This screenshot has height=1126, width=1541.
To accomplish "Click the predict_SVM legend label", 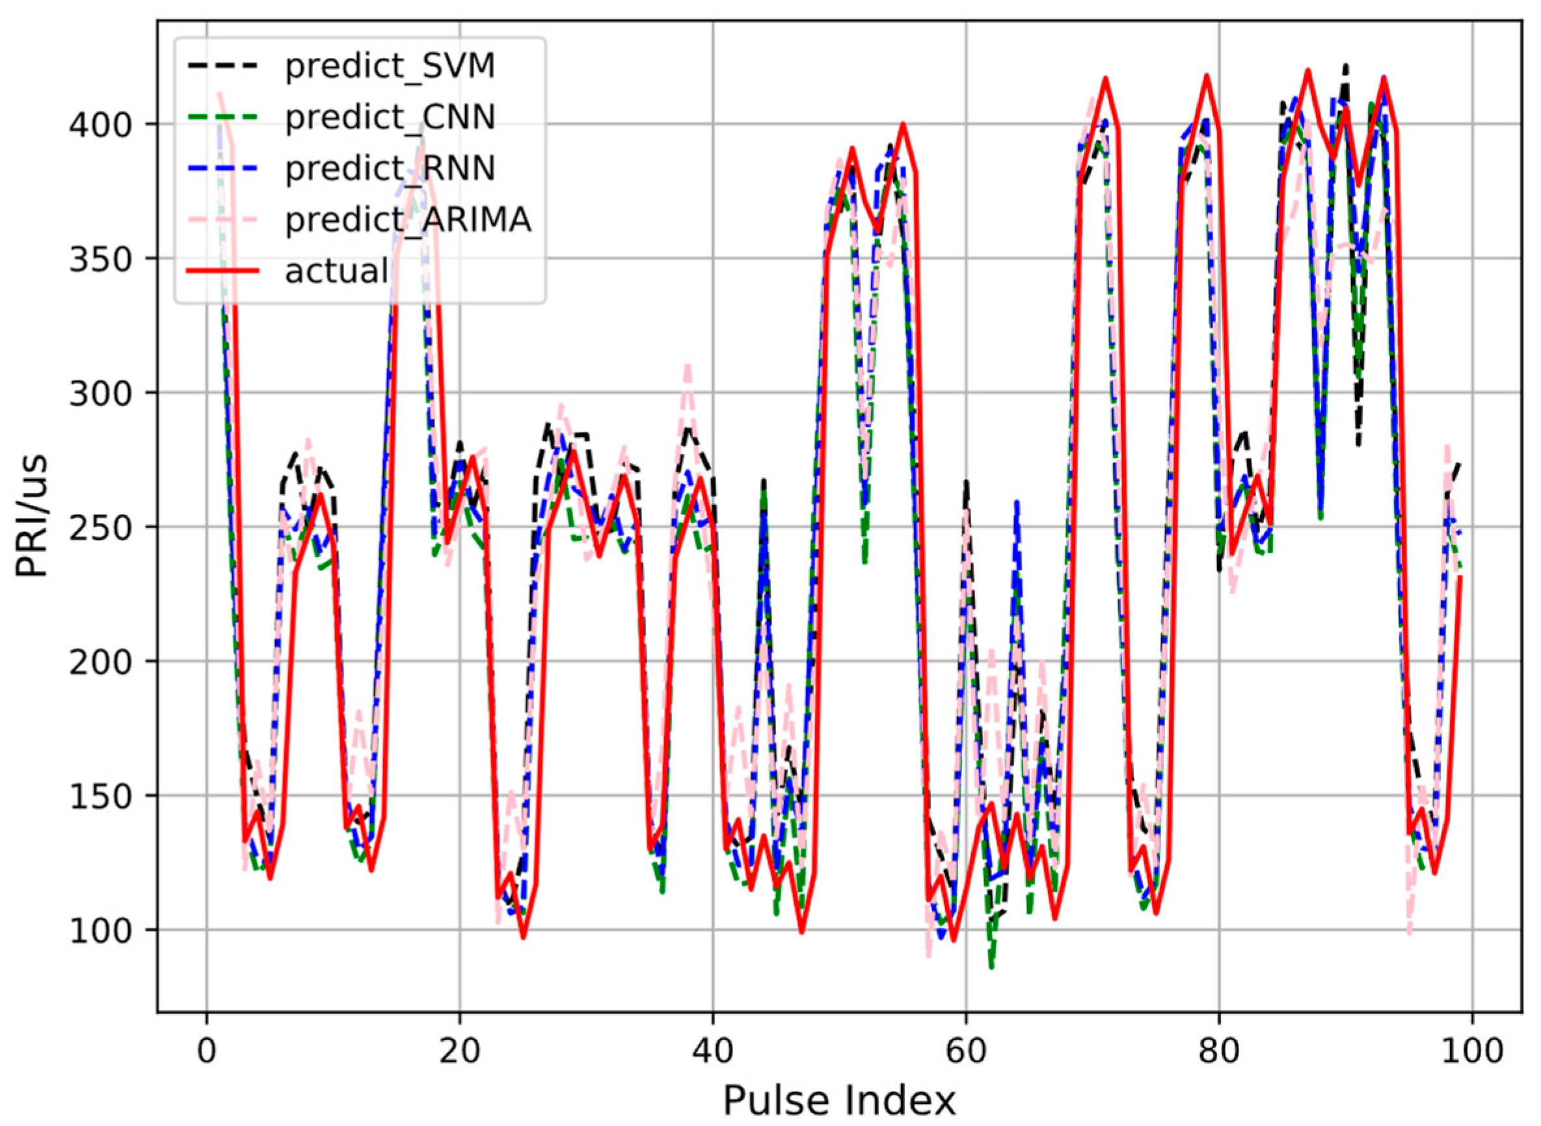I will point(390,67).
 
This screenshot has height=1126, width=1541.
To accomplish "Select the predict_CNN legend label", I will point(390,118).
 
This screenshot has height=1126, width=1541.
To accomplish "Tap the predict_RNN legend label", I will point(390,168).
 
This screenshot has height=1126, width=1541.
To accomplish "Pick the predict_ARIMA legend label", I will point(409,219).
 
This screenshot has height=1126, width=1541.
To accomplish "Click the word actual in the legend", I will point(336,271).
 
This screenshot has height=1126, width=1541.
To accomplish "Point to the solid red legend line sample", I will point(224,271).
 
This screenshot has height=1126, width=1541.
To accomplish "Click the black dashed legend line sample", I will point(224,66).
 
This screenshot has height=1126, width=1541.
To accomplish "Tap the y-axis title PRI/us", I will point(33,516).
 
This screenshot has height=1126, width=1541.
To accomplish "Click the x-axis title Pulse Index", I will point(839,1099).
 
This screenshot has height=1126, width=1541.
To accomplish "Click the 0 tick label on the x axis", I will point(206,1051).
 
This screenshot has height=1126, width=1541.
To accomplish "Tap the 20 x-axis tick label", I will point(459,1051).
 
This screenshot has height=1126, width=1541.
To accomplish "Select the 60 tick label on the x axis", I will point(966,1051).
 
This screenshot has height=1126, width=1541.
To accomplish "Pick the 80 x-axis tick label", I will point(1218,1051).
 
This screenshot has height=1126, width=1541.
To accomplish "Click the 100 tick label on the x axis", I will point(1471,1051).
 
